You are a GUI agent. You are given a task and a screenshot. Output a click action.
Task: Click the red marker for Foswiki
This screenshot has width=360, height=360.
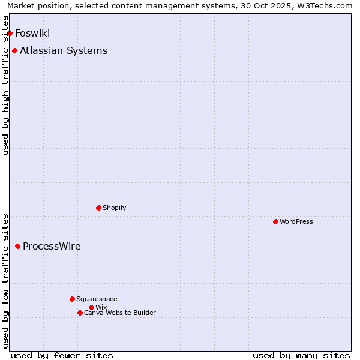tap(10, 33)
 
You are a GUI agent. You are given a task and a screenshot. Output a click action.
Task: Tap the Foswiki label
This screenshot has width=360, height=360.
tap(32, 33)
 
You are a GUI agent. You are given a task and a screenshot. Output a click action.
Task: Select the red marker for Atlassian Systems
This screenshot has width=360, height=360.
tap(14, 50)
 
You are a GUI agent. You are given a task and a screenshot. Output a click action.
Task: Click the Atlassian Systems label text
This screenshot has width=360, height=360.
tap(64, 50)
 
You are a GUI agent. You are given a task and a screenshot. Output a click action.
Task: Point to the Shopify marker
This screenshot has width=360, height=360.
tap(98, 208)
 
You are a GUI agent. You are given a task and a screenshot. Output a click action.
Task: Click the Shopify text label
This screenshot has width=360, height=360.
tap(114, 208)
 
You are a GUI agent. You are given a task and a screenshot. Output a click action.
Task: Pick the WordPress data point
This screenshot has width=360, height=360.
tap(275, 221)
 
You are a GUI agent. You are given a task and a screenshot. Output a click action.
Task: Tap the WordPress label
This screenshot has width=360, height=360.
tap(296, 221)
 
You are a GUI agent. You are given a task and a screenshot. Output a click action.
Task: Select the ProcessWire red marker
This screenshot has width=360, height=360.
tap(17, 246)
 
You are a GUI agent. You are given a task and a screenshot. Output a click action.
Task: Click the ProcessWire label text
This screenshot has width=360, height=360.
tap(52, 246)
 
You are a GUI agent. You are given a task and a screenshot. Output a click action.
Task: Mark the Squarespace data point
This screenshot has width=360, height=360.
tap(72, 299)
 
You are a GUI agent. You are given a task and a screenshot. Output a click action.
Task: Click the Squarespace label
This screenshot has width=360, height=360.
tap(97, 299)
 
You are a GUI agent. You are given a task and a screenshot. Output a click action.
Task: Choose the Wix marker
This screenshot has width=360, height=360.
tap(91, 307)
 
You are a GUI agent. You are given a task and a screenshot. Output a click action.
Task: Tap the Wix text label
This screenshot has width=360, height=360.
tap(101, 307)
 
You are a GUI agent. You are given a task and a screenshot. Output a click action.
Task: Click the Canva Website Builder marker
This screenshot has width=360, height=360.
tap(80, 313)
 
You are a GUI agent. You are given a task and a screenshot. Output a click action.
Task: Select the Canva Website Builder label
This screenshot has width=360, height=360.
tap(119, 313)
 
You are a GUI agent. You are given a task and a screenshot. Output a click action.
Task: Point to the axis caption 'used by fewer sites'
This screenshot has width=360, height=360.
tap(62, 355)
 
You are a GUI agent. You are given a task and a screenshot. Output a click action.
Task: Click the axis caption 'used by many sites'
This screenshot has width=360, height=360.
tap(301, 355)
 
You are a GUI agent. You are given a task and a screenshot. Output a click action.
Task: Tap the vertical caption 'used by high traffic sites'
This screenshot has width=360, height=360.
tap(6, 85)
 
